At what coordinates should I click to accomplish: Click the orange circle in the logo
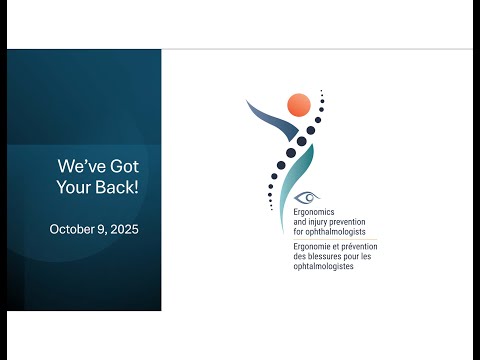298,104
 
